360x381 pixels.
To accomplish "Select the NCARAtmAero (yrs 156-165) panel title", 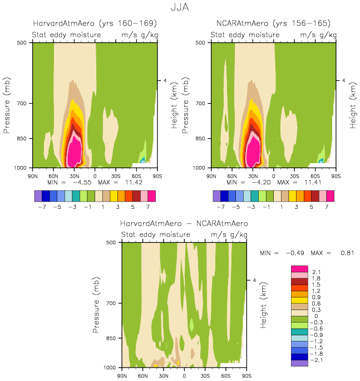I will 273,23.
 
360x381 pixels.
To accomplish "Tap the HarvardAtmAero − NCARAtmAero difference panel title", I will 184,223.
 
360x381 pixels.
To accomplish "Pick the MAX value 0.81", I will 346,253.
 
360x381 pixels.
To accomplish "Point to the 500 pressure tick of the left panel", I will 23,42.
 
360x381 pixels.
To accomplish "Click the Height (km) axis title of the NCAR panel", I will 352,105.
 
